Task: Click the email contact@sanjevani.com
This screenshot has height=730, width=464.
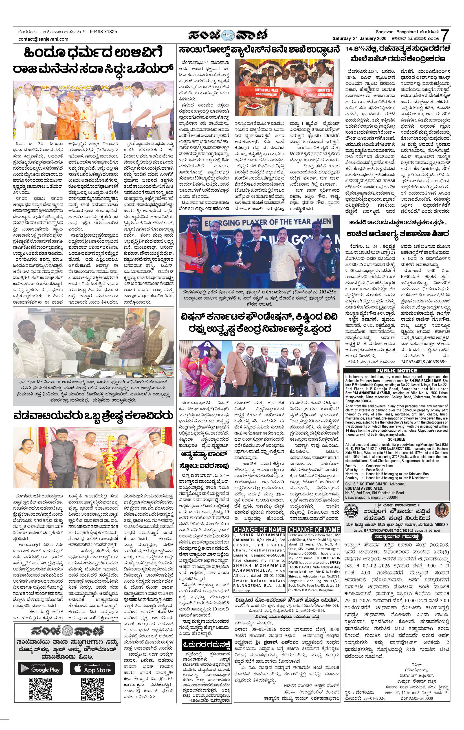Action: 43,39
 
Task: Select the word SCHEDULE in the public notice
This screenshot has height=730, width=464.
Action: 396,439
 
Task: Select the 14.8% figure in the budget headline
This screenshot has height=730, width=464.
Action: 357,49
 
